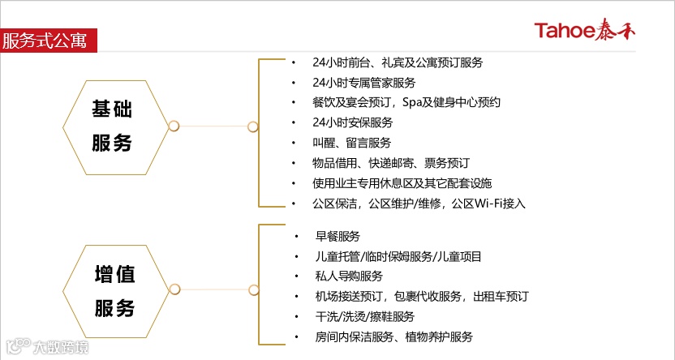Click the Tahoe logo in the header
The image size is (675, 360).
[596, 31]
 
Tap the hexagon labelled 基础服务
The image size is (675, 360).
[112, 126]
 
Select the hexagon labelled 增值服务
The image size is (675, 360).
[114, 290]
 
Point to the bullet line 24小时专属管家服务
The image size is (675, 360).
[363, 83]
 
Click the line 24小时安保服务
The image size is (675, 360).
[352, 122]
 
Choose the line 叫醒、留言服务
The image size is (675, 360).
[351, 143]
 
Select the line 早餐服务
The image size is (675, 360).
[337, 237]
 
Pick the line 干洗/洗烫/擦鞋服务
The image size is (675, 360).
[365, 316]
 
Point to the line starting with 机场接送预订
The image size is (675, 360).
[422, 296]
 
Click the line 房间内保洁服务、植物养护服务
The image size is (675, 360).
[394, 336]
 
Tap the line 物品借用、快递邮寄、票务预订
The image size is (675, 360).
[390, 163]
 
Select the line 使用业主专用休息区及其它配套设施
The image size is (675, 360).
[402, 183]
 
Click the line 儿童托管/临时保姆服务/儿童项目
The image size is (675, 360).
[398, 256]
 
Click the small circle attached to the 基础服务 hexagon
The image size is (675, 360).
[173, 126]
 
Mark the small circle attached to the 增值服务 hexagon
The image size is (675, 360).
[173, 290]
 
